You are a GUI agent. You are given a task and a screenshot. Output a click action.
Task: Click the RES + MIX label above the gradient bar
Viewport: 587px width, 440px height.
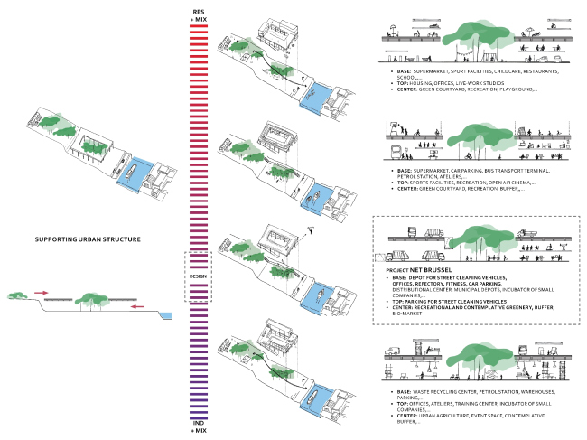point(198,14)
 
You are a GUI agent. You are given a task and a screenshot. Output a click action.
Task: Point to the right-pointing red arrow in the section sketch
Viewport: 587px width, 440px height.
point(42,292)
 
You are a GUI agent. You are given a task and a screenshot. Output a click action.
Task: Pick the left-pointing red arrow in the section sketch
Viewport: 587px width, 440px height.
point(135,307)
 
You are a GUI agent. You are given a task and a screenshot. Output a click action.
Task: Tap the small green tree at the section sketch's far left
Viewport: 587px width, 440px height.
point(13,295)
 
